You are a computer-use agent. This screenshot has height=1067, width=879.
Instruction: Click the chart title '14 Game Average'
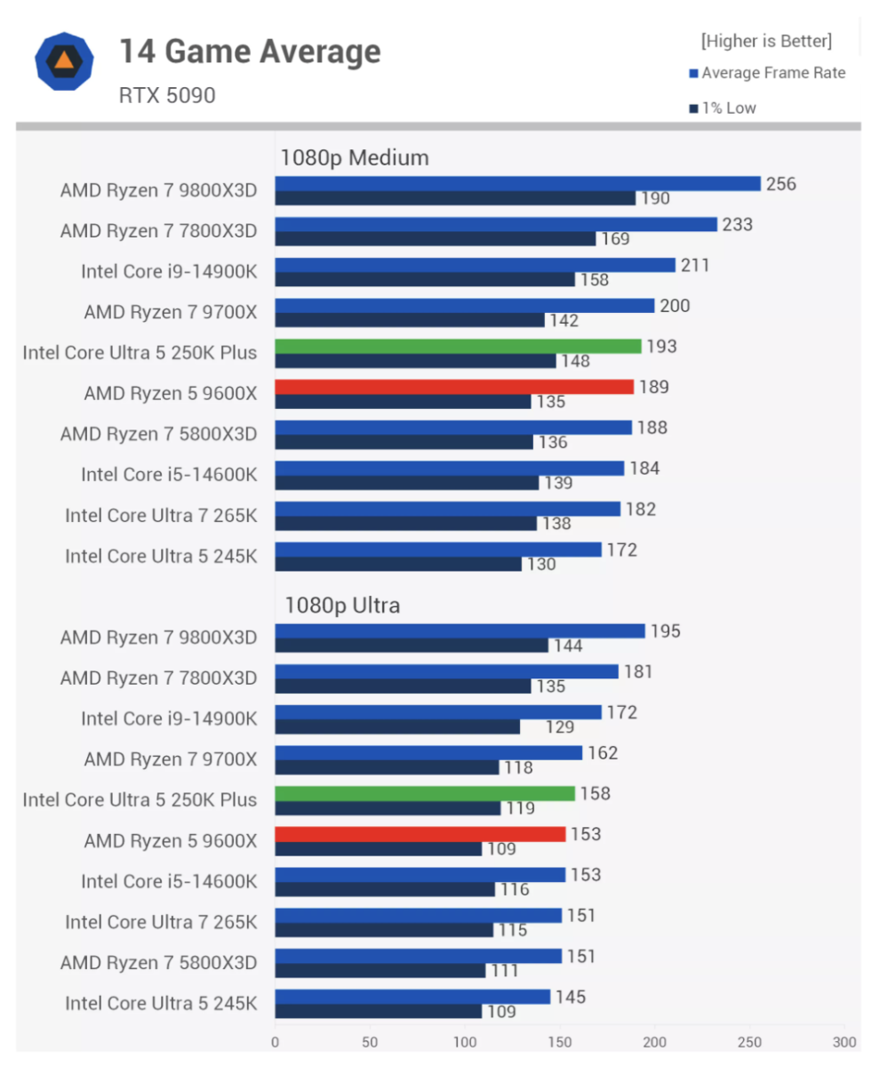(x=250, y=52)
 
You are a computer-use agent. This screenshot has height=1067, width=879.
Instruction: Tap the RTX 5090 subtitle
(x=167, y=95)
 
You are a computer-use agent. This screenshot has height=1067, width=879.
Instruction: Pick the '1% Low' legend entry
(x=728, y=108)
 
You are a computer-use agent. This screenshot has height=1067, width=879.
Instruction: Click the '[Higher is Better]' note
(x=766, y=41)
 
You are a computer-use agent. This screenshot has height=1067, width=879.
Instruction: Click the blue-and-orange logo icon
(x=64, y=61)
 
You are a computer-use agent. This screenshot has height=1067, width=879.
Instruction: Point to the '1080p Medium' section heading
(x=355, y=158)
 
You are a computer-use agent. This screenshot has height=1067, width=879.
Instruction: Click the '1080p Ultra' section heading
(x=342, y=606)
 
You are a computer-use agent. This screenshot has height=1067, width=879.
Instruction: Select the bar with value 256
(x=517, y=184)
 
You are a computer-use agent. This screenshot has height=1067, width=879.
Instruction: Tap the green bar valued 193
(x=458, y=347)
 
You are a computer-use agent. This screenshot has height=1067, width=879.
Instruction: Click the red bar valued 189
(x=454, y=387)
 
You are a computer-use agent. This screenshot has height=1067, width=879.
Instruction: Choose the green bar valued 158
(x=425, y=793)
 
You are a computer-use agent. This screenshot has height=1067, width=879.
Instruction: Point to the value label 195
(x=666, y=631)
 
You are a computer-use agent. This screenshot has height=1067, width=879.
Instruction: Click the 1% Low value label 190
(x=655, y=198)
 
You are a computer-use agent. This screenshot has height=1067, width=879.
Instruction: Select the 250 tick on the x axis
(x=750, y=1041)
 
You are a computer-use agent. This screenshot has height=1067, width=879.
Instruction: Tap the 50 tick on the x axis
(x=370, y=1041)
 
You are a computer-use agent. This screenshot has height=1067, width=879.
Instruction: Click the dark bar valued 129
(x=397, y=726)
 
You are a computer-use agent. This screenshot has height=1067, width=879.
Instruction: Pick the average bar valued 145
(x=412, y=997)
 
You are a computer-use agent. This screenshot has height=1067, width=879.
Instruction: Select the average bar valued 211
(x=475, y=265)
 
